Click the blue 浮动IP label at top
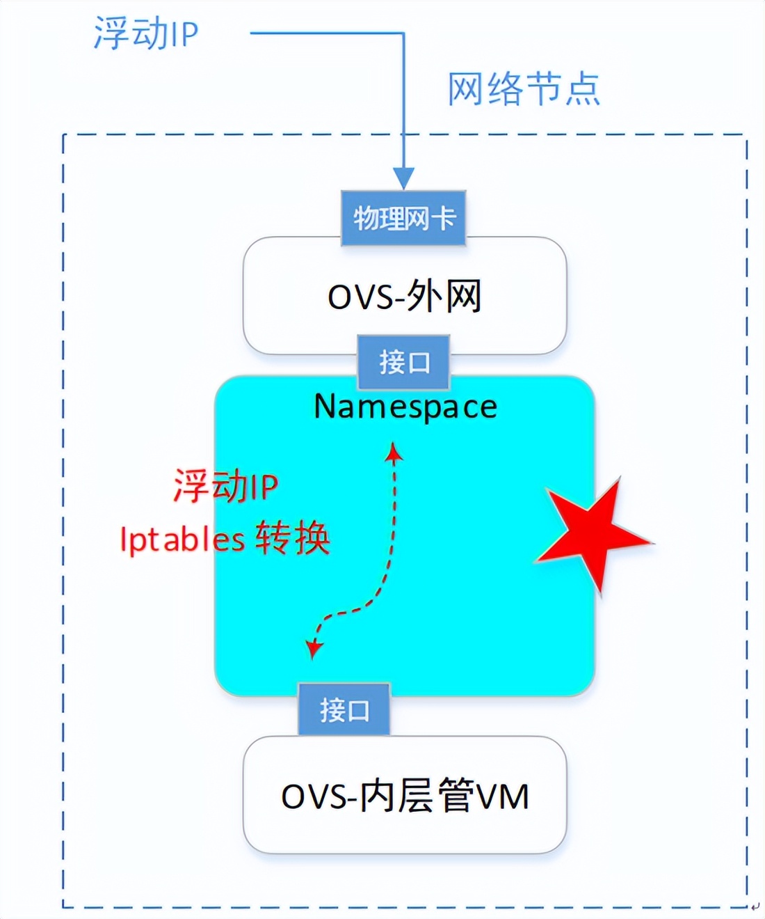[146, 33]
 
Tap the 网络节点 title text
[523, 89]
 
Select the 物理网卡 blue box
[403, 218]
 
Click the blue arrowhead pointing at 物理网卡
[403, 178]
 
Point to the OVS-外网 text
[405, 297]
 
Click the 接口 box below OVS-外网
[404, 362]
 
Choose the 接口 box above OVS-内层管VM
[344, 709]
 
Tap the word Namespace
[405, 407]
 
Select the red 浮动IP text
[226, 486]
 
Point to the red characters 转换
[292, 538]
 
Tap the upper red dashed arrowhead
[394, 452]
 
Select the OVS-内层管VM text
[405, 796]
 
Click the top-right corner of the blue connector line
[403, 33]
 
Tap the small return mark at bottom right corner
[756, 906]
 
